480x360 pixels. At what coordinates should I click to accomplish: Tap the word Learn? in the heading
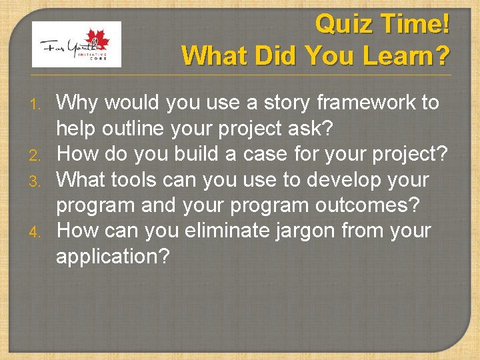(407, 55)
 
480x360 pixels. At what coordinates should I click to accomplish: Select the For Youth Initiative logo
(77, 44)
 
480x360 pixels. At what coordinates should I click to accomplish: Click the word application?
(113, 257)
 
